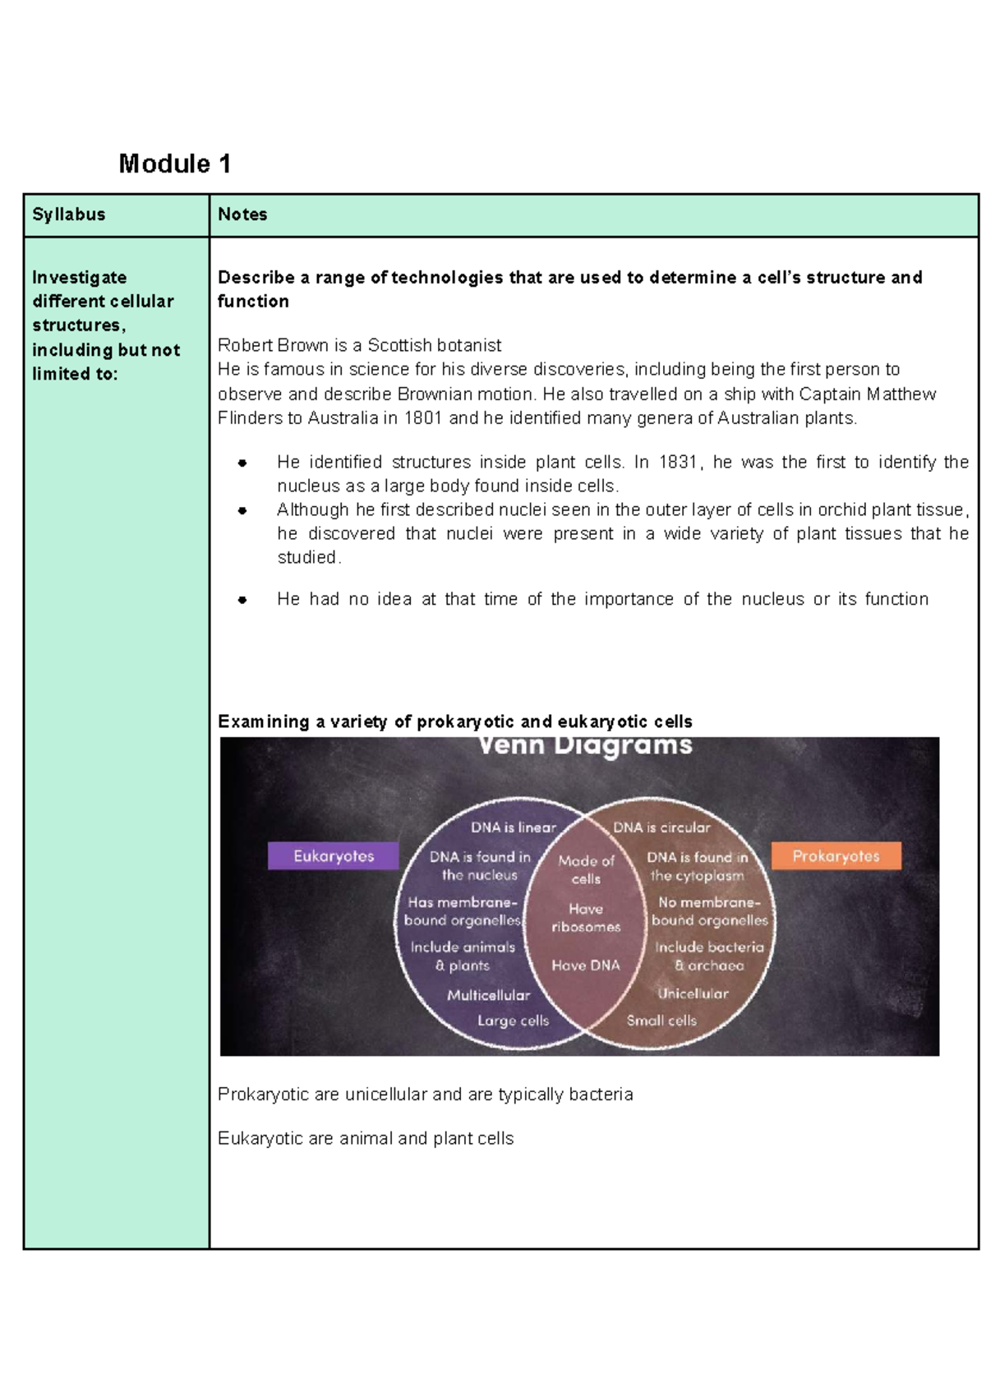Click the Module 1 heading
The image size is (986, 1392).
pyautogui.click(x=174, y=164)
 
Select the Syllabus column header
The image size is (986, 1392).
pyautogui.click(x=69, y=214)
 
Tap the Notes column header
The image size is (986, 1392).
pyautogui.click(x=242, y=214)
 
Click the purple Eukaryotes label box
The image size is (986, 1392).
pyautogui.click(x=334, y=855)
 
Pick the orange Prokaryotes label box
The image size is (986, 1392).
pyautogui.click(x=836, y=855)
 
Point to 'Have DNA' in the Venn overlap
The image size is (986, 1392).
pyautogui.click(x=586, y=966)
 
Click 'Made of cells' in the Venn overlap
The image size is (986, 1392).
pyautogui.click(x=586, y=869)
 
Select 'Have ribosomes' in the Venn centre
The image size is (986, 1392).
pyautogui.click(x=586, y=918)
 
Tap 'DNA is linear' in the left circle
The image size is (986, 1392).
pyautogui.click(x=514, y=827)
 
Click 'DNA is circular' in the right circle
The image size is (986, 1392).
pyautogui.click(x=661, y=827)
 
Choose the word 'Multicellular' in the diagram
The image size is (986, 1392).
pyautogui.click(x=489, y=995)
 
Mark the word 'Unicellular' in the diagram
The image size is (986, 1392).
pyautogui.click(x=693, y=993)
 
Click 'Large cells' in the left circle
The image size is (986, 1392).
pyautogui.click(x=514, y=1021)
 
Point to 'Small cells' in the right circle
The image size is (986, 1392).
pyautogui.click(x=661, y=1021)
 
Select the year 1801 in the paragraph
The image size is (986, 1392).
pyautogui.click(x=423, y=418)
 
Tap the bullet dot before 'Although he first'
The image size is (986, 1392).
pyautogui.click(x=242, y=510)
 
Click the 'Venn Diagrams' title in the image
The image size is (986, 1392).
pyautogui.click(x=586, y=746)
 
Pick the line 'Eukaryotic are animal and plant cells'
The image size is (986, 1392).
pyautogui.click(x=366, y=1138)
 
